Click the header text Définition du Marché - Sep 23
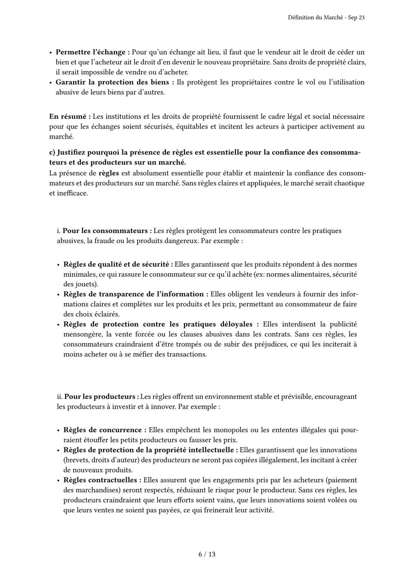tap(326, 18)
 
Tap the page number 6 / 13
tap(207, 554)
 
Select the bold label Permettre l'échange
tap(90, 52)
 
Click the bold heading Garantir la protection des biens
tap(112, 82)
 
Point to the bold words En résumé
tap(67, 117)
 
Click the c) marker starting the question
tap(52, 153)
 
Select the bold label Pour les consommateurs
tap(105, 231)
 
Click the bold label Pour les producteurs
tap(99, 397)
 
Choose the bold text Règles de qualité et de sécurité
tap(116, 264)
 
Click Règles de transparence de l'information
tap(133, 294)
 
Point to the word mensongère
tap(82, 334)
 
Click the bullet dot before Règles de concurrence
tap(58, 431)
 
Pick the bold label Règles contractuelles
tap(100, 480)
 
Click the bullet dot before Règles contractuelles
tap(58, 480)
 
